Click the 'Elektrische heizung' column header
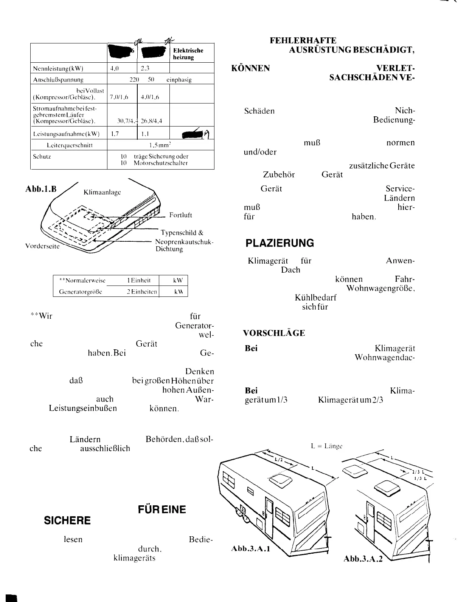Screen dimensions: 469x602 tap(188, 54)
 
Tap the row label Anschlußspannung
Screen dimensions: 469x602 tap(58, 80)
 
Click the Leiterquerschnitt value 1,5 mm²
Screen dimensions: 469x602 tap(161, 145)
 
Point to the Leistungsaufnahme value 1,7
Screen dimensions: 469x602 tap(114, 134)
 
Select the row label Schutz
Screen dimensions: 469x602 tap(42, 156)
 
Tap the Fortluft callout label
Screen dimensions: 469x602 tap(180, 215)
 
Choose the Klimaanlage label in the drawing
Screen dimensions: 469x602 tap(102, 192)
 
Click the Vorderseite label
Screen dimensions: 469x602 tap(42, 246)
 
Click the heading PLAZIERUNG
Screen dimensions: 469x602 tap(280, 243)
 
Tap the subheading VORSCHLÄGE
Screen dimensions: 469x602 tap(274, 333)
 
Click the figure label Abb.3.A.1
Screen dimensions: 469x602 tap(250, 548)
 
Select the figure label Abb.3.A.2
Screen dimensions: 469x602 tap(363, 558)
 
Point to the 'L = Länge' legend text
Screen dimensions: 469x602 tap(327, 446)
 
